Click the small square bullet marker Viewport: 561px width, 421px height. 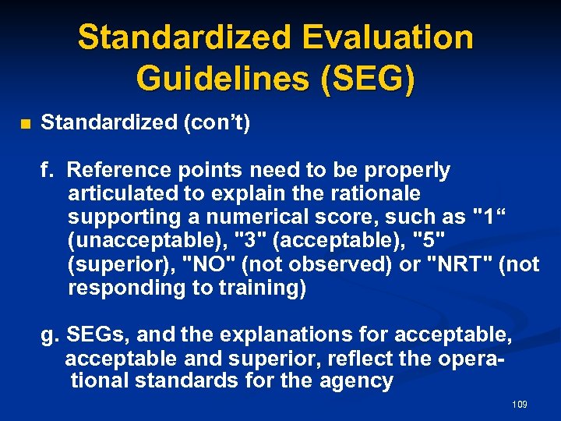pos(24,125)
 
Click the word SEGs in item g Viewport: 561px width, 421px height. pos(92,335)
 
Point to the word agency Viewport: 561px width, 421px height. pos(361,380)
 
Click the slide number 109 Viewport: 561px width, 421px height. pos(520,404)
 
